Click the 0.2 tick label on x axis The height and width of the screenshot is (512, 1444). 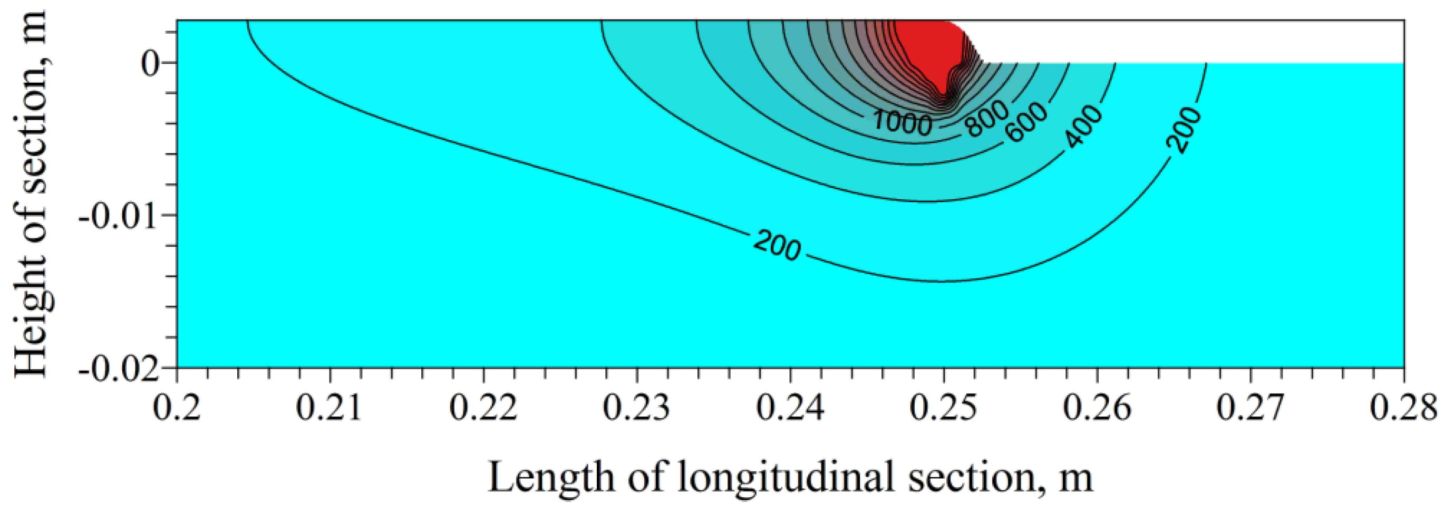click(177, 408)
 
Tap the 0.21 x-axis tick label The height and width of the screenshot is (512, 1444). click(329, 408)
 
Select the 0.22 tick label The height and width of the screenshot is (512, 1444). click(483, 408)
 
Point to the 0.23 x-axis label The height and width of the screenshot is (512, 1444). click(636, 408)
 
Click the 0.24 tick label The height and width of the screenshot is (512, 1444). click(790, 408)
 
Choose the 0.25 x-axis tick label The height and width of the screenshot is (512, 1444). click(943, 408)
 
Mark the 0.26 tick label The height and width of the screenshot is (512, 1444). click(1097, 408)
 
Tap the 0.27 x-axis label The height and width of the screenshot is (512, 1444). click(1249, 408)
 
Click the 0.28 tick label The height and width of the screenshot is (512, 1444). click(1403, 408)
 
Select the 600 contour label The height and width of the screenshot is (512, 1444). click(1026, 122)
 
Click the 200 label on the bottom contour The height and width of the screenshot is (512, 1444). click(777, 245)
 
